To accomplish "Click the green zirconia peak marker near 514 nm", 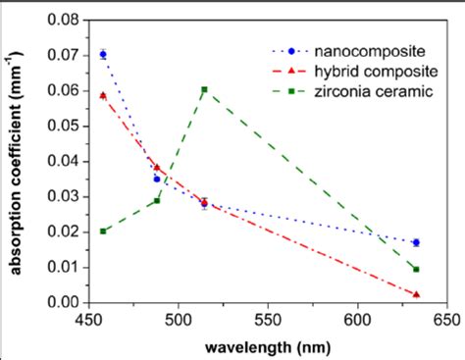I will click(x=204, y=89).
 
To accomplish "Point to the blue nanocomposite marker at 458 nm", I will click(x=103, y=54).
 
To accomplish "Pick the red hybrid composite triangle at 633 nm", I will click(x=417, y=294).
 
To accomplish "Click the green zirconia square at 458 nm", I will click(x=103, y=231).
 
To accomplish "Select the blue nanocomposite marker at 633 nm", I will click(x=417, y=242).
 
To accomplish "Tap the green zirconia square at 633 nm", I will click(x=417, y=269).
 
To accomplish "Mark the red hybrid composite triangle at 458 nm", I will click(x=103, y=95).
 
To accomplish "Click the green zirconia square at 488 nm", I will click(x=157, y=200).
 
